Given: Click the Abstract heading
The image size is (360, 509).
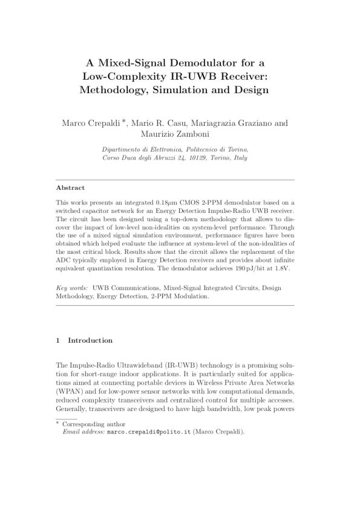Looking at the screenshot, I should tap(70, 188).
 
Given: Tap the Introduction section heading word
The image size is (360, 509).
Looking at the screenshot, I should tap(90, 340).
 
